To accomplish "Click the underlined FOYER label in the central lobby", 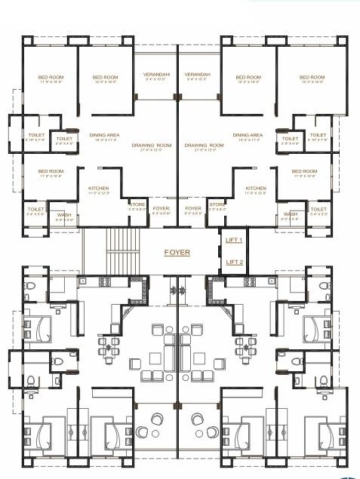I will point(177,253).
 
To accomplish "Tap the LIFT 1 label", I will point(234,240).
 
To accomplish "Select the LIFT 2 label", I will point(234,262).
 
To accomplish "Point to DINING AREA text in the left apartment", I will point(103,135).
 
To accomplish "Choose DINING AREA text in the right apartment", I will point(248,135).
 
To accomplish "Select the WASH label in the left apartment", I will point(64,214).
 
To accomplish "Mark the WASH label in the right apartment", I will point(291,214).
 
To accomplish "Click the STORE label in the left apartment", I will point(137,204).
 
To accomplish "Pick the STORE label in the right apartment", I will point(217,204).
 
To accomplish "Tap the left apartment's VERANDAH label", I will point(156,75).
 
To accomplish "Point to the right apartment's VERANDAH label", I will point(198,75).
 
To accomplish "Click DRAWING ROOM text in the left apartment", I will point(152,145).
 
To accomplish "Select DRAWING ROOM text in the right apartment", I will point(204,145).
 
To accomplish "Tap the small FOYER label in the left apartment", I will point(161,208).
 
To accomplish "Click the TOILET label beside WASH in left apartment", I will point(35,209).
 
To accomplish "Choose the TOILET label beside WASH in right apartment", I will point(318,209).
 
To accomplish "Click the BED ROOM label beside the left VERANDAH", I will point(106,77).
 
